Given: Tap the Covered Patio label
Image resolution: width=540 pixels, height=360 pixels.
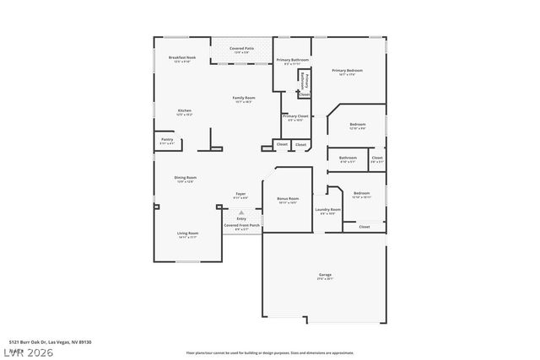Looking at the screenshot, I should click(x=243, y=49).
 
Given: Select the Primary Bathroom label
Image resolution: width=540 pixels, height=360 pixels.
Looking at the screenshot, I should click(x=293, y=61).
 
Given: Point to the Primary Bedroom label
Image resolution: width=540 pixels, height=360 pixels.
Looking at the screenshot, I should click(x=348, y=71).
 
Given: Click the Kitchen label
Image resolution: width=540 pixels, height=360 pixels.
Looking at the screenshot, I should click(x=184, y=111).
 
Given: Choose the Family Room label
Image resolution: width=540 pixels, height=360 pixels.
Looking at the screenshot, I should click(x=244, y=99).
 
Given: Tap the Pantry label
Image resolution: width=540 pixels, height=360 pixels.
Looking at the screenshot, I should click(x=167, y=140).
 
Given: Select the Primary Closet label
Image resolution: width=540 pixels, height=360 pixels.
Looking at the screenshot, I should click(x=294, y=116).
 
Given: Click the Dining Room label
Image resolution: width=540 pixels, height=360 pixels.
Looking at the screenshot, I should click(x=186, y=178).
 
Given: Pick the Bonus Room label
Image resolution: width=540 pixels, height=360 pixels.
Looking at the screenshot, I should click(x=288, y=200).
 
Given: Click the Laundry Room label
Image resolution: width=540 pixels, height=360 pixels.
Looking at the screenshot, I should click(x=328, y=210).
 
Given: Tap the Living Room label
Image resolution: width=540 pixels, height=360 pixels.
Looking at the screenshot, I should click(x=187, y=234).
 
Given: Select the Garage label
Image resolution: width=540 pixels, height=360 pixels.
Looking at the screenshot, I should click(x=325, y=276).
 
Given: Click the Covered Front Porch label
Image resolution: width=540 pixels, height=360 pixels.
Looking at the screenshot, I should click(x=241, y=226).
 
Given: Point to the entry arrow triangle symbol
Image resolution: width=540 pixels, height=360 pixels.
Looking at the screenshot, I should click(x=241, y=212).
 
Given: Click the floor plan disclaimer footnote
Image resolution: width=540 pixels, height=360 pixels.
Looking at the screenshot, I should click(x=269, y=352).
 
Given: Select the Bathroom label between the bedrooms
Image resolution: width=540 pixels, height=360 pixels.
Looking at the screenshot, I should click(x=348, y=158).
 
